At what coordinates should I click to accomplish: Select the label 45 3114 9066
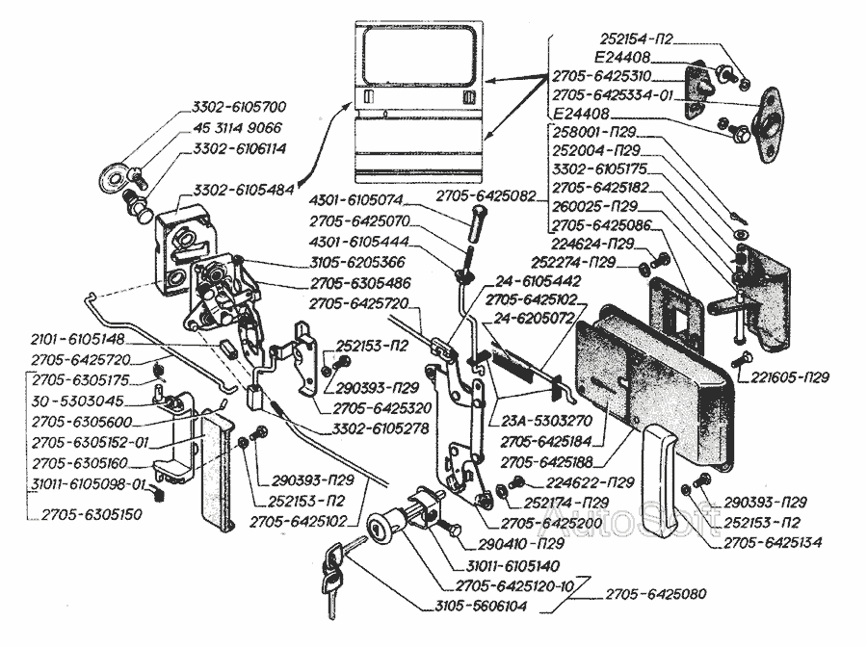tap(239, 127)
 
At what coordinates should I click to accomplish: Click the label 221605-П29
tap(793, 377)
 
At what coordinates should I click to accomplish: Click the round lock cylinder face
tap(380, 531)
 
